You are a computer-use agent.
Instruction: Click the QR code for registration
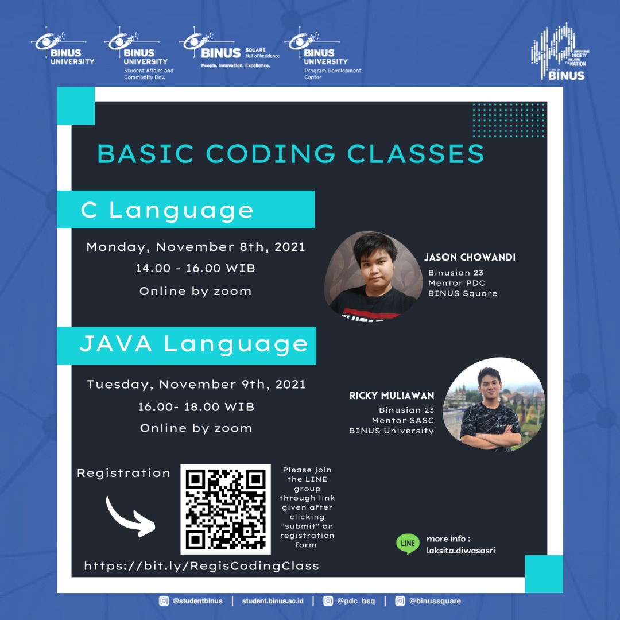225,509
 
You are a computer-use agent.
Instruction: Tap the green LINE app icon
408,544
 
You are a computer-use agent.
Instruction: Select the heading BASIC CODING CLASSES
290,154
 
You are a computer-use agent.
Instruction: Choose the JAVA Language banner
187,344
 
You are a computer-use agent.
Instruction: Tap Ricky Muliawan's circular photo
493,405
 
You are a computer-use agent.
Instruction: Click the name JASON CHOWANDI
470,257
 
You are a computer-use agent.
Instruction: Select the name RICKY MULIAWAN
392,396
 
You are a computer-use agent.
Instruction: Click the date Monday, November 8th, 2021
196,247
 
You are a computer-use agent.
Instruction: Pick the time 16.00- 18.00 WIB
196,406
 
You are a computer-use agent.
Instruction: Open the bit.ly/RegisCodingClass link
201,566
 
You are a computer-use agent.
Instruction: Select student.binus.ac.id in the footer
274,601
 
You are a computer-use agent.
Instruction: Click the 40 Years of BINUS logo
560,52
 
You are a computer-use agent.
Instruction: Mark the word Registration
123,473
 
